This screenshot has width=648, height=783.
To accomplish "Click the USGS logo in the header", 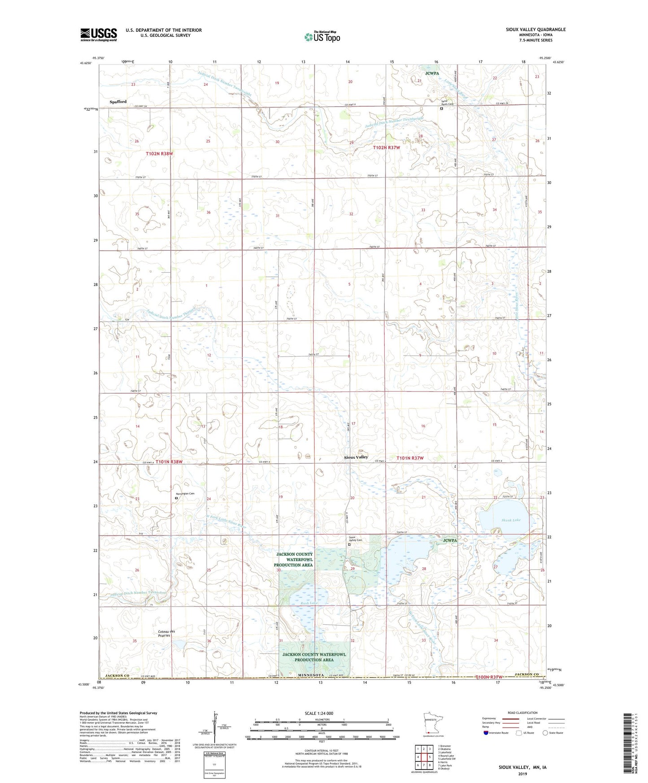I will [x=99, y=35].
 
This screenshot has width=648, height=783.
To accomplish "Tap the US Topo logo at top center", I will [x=322, y=37].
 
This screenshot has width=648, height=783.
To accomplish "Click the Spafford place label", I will [x=118, y=102].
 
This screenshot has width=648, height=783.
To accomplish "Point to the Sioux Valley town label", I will [x=356, y=457].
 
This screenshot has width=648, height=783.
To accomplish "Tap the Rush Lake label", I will [x=309, y=603].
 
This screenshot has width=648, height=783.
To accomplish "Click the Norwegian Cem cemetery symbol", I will [x=176, y=498].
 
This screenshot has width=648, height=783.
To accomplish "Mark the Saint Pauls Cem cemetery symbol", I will [x=441, y=108].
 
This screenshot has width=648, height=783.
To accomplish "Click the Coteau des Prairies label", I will [x=167, y=634].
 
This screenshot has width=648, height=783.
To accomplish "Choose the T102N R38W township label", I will [x=159, y=153].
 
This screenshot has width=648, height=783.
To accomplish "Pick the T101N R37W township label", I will [x=410, y=458].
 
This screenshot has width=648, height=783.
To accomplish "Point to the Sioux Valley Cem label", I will [x=356, y=539].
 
